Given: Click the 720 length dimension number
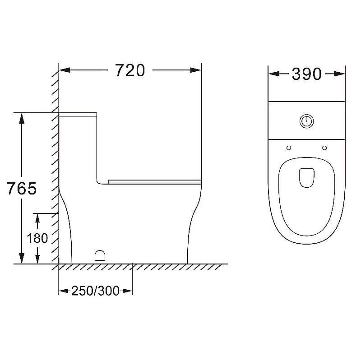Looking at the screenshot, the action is tap(130, 70).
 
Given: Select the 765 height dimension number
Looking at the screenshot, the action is tap(22, 188).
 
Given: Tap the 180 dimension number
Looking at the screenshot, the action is tap(37, 238).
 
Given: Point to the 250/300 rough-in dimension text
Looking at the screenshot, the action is tap(95, 291).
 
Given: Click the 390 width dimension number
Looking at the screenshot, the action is tap(307, 74).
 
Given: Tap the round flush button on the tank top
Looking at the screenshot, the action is tap(307, 121).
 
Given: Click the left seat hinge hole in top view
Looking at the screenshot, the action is tap(289, 148).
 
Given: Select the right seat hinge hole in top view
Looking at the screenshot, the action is tap(324, 148).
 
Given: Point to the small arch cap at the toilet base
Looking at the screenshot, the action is tap(100, 255).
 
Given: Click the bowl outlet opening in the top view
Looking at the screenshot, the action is tap(307, 178).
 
